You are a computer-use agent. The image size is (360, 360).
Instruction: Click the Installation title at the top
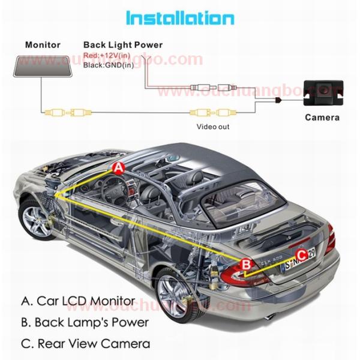(x=179, y=18)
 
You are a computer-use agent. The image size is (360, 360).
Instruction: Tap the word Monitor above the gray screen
(x=43, y=45)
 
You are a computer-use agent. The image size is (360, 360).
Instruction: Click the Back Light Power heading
(x=122, y=45)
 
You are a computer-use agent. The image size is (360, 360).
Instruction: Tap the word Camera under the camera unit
(x=322, y=117)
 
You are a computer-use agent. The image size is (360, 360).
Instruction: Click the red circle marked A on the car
(x=119, y=169)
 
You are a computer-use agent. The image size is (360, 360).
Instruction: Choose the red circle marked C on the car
(x=302, y=254)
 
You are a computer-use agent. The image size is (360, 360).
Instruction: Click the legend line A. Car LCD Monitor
(x=78, y=301)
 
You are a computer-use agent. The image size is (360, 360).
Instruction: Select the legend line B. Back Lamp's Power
(x=85, y=322)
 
